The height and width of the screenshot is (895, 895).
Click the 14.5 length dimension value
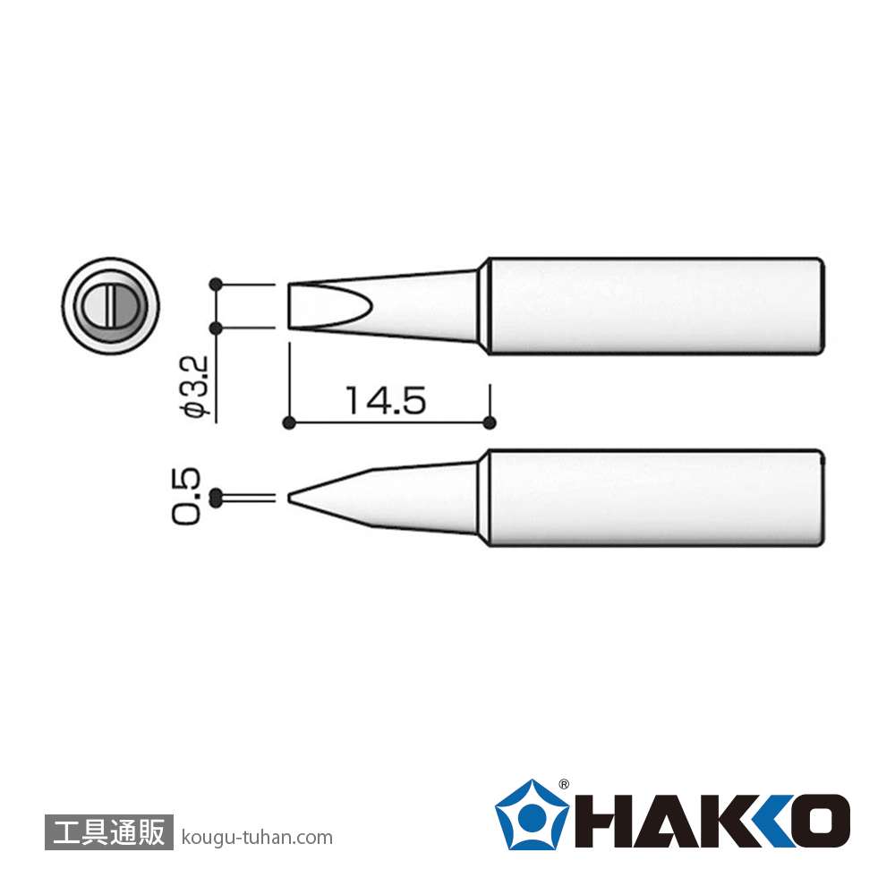tap(386, 400)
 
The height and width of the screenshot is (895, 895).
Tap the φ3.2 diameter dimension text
tap(194, 388)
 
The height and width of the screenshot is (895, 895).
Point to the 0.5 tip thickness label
tap(187, 496)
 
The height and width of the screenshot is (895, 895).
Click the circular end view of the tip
tap(110, 305)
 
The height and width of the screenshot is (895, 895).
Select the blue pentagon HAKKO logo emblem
tap(532, 814)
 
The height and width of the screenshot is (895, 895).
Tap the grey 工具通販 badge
tap(108, 831)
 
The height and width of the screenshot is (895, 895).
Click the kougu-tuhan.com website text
tap(257, 838)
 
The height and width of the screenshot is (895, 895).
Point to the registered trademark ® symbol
tap(563, 784)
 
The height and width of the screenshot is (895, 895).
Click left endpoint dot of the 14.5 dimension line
tap(289, 423)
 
